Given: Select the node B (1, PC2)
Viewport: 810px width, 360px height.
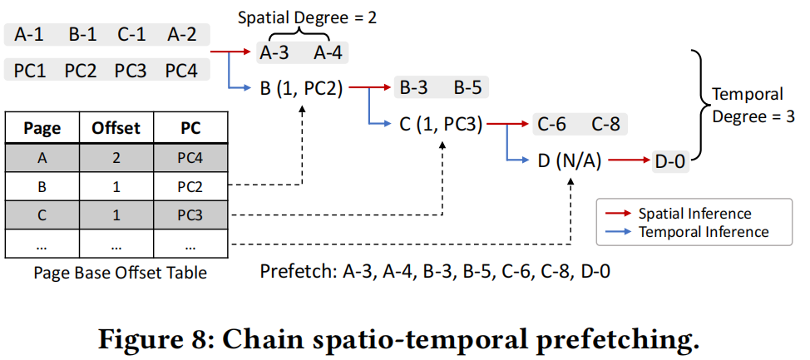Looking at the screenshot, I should (x=301, y=88).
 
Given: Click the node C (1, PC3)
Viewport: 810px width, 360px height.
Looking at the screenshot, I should (x=440, y=125).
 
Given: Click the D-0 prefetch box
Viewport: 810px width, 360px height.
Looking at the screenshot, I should (x=669, y=162).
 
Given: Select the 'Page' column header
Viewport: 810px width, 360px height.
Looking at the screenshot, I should (x=42, y=129).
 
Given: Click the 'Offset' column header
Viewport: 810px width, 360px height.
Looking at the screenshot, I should (x=116, y=129).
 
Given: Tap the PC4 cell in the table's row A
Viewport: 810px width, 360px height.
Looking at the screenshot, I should (x=190, y=157).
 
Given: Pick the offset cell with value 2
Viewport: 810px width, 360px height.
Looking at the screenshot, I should (x=116, y=157).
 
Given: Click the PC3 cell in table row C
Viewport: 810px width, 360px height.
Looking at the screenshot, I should (x=190, y=215).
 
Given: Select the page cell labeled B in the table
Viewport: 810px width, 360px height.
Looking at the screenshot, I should (x=42, y=186).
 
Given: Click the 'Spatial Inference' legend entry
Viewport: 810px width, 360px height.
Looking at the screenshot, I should (x=694, y=214).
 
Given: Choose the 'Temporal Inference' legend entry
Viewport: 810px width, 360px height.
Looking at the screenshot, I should (x=703, y=232).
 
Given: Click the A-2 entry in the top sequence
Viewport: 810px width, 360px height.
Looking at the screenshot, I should (x=181, y=35).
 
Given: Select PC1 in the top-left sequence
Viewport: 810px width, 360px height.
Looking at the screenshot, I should (x=31, y=70).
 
